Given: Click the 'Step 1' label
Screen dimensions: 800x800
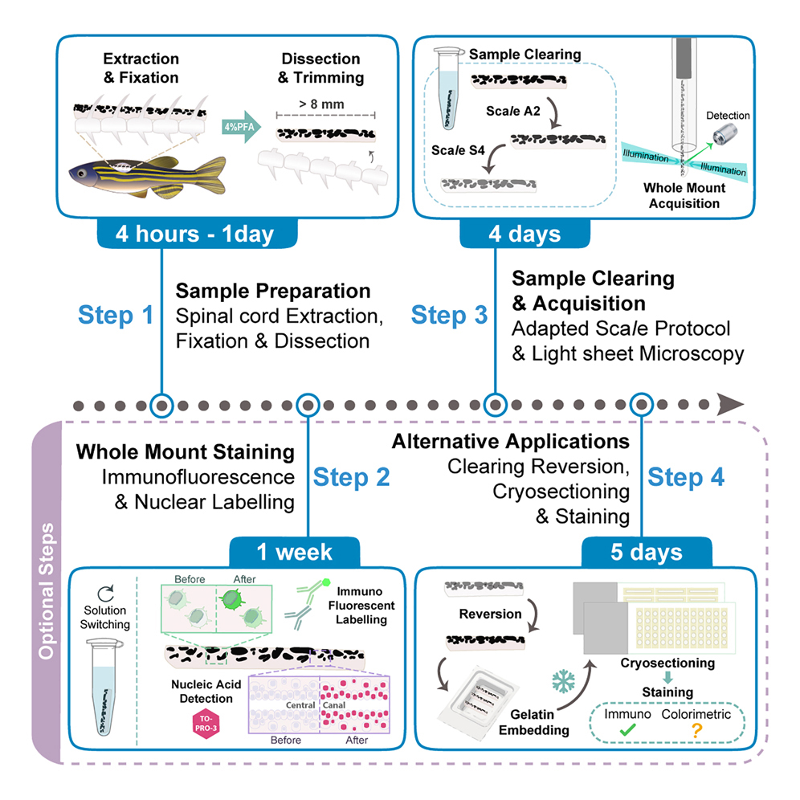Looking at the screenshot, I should pyautogui.click(x=116, y=315).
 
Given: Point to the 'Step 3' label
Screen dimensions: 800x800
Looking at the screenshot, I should pyautogui.click(x=449, y=315).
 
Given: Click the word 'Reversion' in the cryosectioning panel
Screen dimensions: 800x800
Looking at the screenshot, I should pyautogui.click(x=491, y=614).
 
